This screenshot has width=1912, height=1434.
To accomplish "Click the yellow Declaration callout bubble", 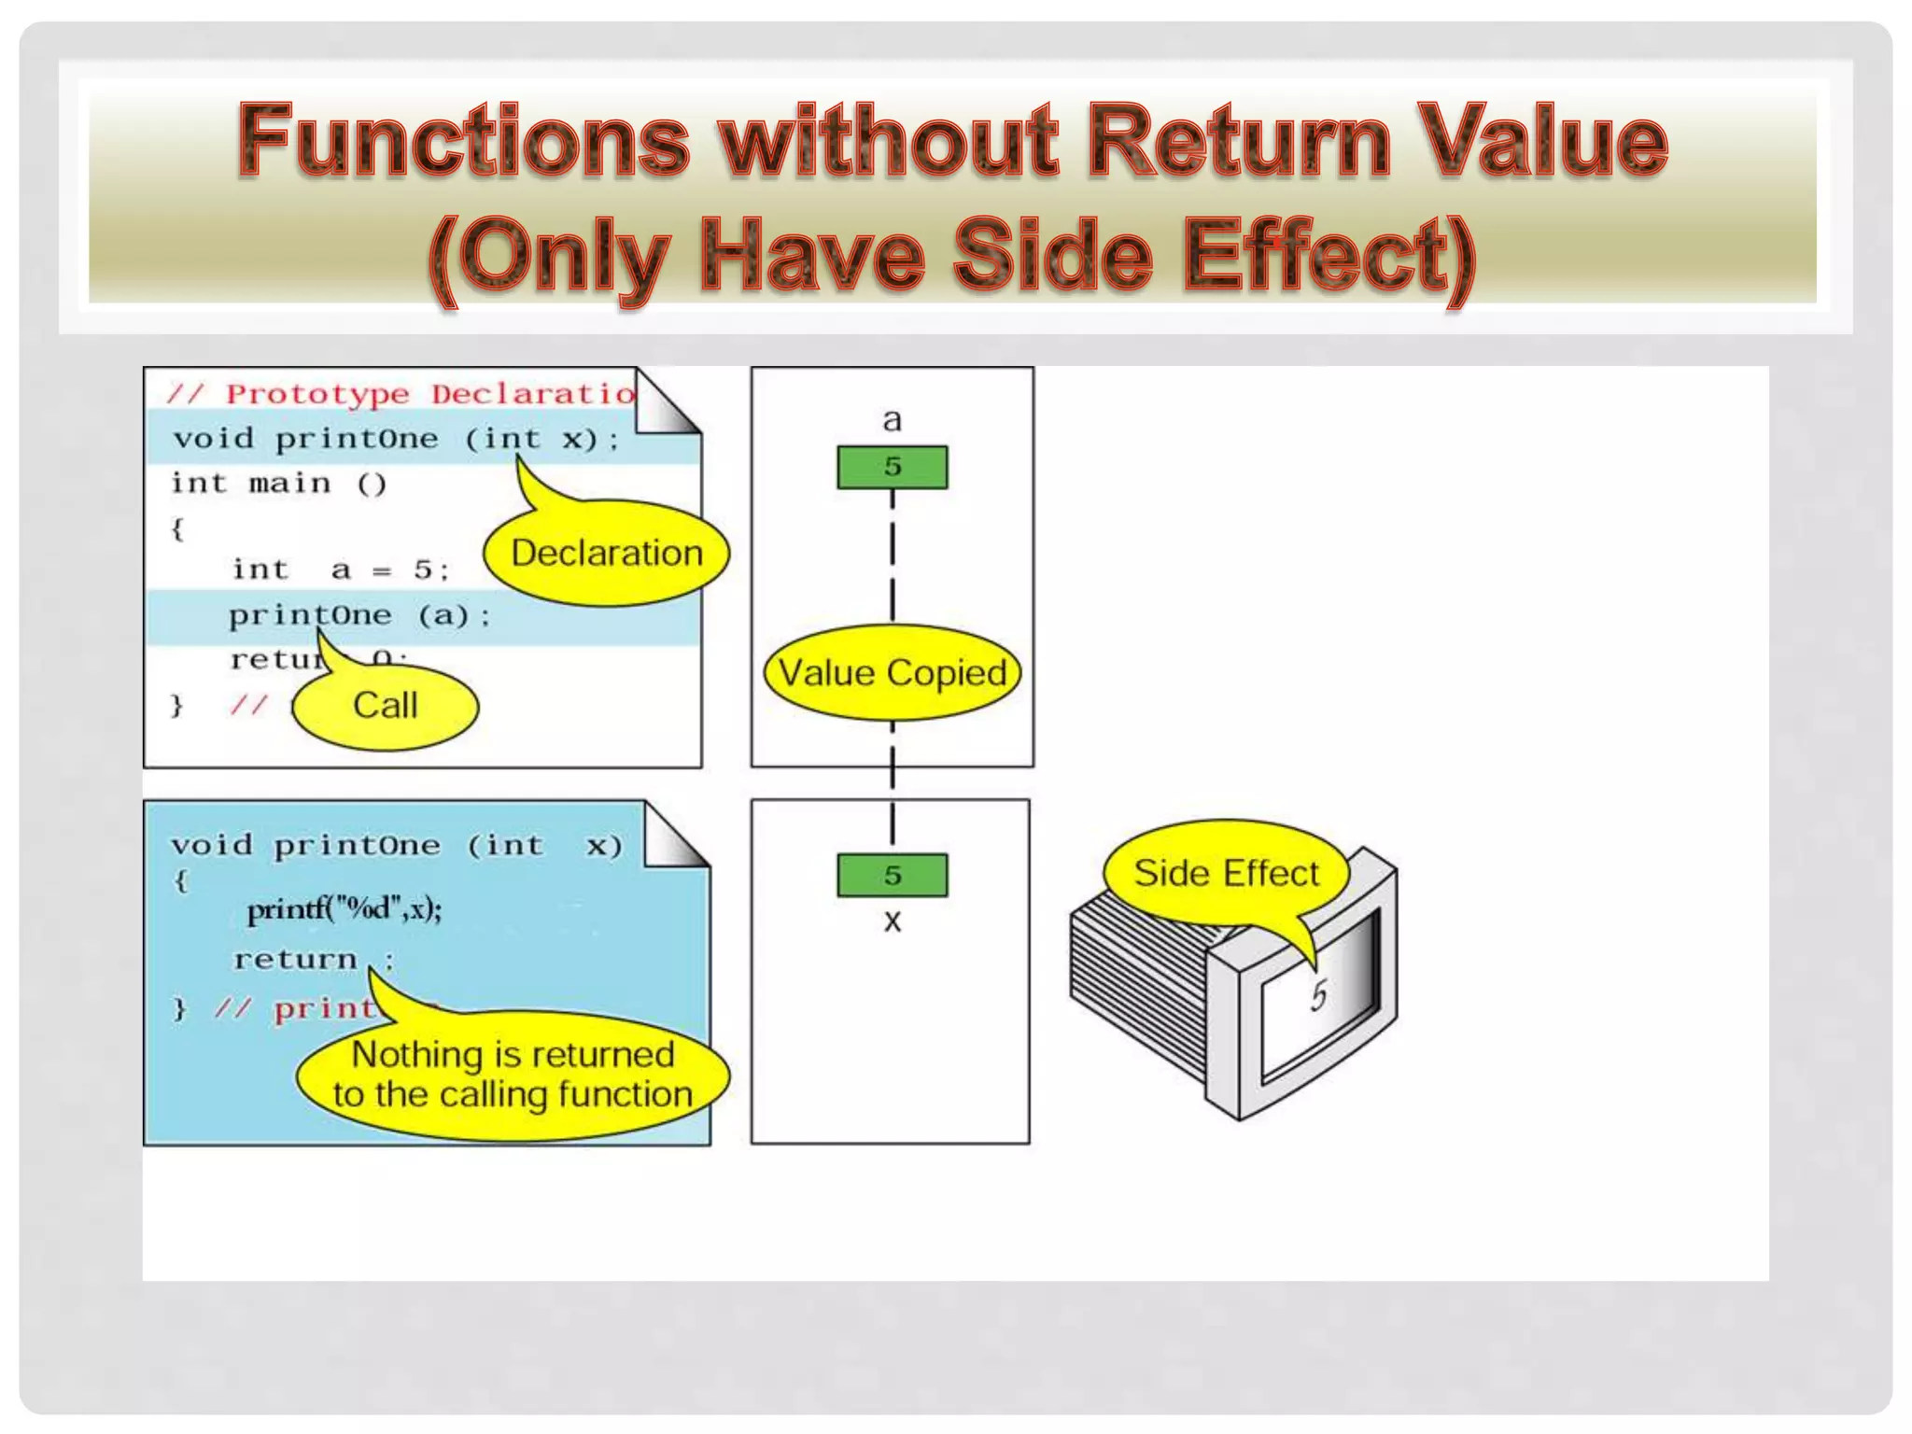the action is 607,554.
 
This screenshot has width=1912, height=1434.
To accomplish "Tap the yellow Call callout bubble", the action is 386,706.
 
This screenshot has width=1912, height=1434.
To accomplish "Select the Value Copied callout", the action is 893,673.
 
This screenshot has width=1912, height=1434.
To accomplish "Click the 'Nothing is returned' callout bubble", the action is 513,1075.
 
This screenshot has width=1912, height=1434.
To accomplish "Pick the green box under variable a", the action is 893,467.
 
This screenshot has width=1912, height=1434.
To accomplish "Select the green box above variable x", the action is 893,876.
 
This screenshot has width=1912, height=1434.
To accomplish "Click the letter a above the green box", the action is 893,420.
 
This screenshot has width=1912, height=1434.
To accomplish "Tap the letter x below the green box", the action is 893,922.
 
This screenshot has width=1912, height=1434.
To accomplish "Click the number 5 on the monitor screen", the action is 1317,996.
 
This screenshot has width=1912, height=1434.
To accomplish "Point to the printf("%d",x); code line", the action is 344,908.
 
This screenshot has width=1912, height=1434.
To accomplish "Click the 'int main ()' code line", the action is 278,484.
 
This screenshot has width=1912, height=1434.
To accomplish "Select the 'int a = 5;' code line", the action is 341,569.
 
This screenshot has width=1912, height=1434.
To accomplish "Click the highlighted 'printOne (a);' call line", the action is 359,616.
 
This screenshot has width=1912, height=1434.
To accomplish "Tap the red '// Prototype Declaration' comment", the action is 401,394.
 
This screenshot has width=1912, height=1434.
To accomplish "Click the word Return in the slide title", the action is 1240,142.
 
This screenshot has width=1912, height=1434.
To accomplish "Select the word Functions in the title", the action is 463,142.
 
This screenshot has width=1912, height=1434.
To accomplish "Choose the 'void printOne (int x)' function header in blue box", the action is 396,846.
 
